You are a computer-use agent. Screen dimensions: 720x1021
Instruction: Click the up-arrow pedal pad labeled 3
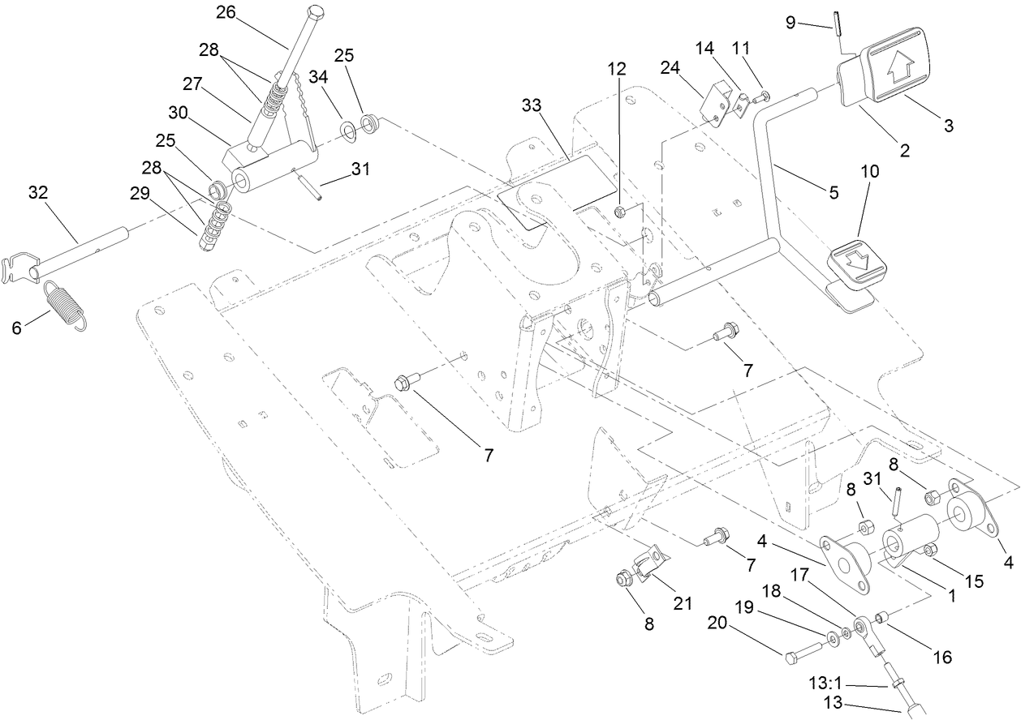click(898, 73)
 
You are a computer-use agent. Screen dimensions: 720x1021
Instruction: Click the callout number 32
click(38, 194)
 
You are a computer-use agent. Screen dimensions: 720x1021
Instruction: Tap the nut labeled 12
click(619, 212)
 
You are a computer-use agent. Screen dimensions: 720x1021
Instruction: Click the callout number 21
click(683, 602)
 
